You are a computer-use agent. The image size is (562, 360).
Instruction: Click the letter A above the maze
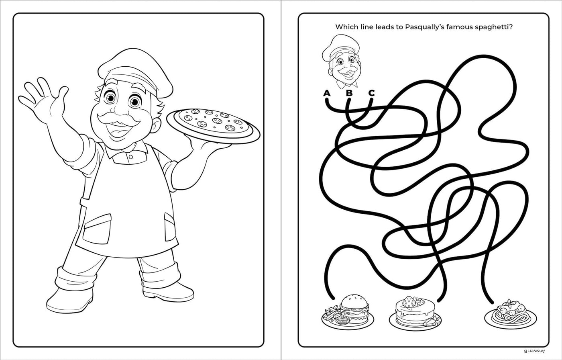point(327,93)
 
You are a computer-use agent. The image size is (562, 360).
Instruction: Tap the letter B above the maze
point(349,93)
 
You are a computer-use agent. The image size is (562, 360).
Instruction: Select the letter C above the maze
point(372,93)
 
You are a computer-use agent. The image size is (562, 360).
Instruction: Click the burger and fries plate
point(348,312)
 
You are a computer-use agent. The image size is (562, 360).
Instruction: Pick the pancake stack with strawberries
point(415,313)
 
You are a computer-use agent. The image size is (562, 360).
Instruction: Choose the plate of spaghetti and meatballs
point(510,315)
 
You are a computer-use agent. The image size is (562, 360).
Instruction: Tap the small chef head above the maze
point(342,61)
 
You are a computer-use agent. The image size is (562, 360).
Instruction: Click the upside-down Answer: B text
point(534,351)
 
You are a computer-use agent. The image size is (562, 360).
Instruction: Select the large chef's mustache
point(118,119)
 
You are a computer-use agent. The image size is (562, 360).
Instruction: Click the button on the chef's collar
point(131,157)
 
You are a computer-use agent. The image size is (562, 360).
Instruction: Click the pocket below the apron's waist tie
point(97,229)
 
